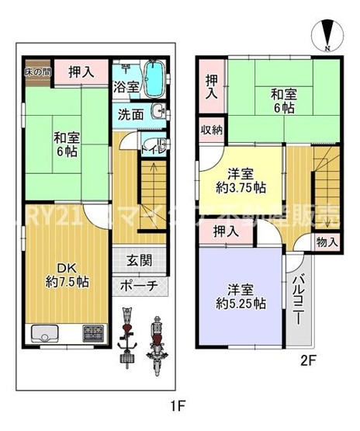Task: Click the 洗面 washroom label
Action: tap(130, 114)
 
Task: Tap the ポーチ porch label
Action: tap(140, 285)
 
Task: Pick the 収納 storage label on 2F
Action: tap(212, 130)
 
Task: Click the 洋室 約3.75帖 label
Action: tap(241, 179)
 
